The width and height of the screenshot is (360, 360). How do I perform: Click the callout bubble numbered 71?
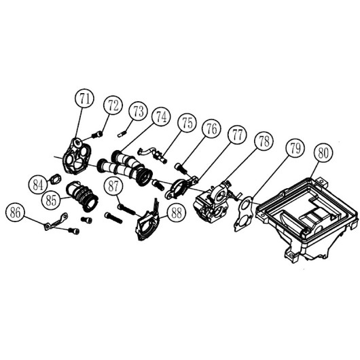84,98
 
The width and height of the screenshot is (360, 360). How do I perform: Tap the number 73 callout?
138,111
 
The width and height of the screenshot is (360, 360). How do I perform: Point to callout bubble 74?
162,117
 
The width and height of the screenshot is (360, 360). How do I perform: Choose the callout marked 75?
187,123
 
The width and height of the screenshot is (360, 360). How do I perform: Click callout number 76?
211,128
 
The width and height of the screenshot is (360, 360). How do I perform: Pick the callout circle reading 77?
237,134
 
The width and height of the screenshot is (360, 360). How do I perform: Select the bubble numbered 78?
264,141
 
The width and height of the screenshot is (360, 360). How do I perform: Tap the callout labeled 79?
295,148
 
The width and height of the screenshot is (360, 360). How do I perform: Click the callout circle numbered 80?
323,153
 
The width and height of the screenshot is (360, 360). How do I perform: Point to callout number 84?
38,185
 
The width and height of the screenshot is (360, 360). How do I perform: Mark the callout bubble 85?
51,200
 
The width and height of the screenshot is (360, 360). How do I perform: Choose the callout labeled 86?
15,212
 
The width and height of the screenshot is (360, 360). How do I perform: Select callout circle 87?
113,186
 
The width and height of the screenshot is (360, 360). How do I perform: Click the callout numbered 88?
177,213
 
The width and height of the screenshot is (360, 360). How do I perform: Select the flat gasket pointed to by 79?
244,213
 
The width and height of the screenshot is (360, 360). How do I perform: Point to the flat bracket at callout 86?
56,221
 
